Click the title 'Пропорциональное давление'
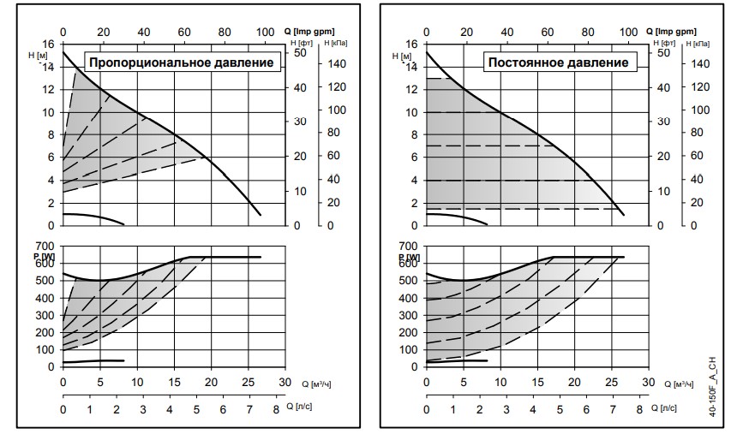183,62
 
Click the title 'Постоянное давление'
558,62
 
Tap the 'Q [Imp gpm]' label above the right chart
684,30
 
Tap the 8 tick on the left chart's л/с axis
276,412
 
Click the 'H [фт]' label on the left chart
300,41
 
